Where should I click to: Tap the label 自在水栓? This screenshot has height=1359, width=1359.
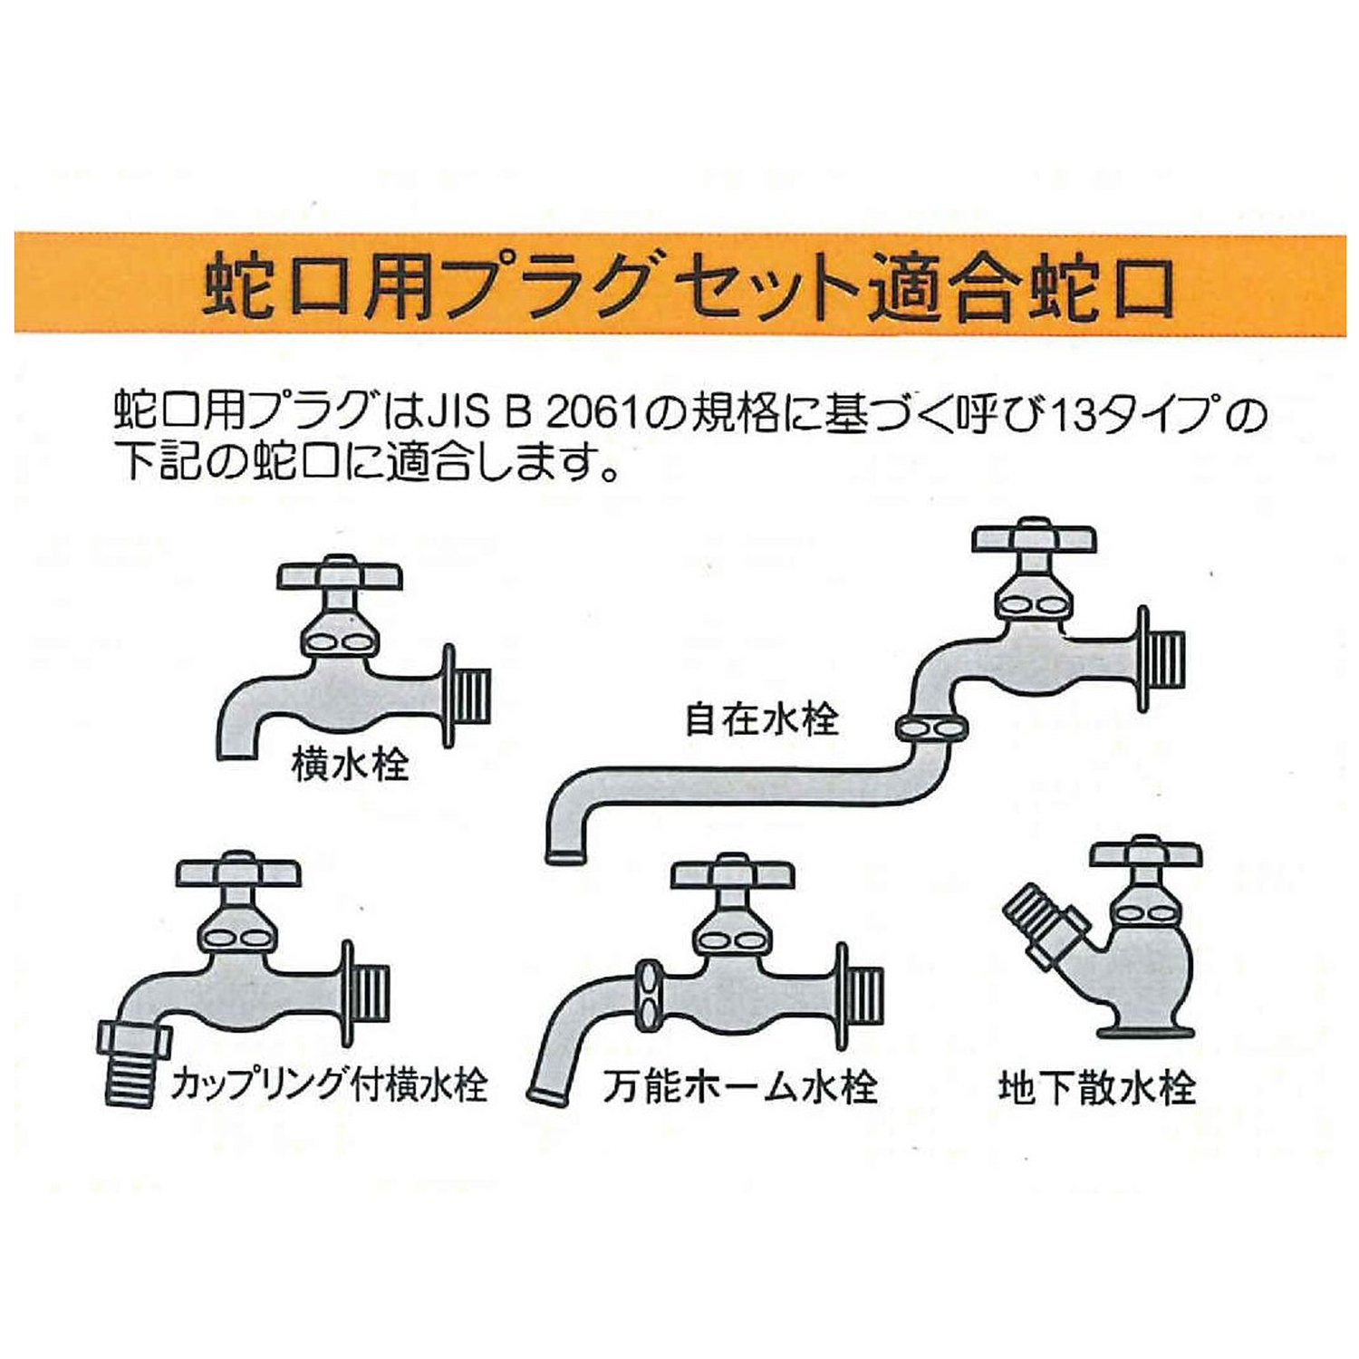[762, 719]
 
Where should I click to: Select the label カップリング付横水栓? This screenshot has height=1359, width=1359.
[329, 1084]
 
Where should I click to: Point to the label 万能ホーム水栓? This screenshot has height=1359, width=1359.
[740, 1086]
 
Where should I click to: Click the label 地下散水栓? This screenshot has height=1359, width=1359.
[1097, 1086]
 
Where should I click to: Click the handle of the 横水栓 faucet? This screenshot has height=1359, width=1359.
[339, 573]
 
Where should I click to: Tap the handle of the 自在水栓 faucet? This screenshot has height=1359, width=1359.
[1035, 536]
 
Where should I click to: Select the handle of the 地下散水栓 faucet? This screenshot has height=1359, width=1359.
[1147, 853]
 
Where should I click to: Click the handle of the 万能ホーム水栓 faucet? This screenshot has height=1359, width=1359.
[732, 872]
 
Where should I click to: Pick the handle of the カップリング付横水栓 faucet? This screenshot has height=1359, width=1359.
[237, 870]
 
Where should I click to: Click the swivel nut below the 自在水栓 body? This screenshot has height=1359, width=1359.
[930, 727]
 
